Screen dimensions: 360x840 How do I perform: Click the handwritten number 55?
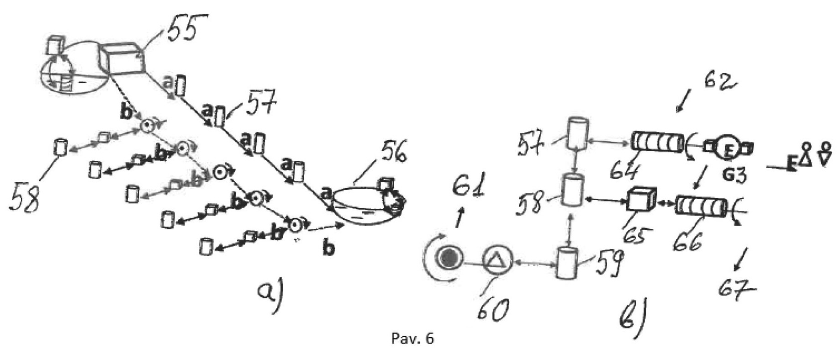[x=183, y=30]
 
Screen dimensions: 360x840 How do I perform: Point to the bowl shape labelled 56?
[x=361, y=206]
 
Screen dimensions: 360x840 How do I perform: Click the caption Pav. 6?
[x=412, y=339]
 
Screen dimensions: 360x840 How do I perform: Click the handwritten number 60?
[x=491, y=310]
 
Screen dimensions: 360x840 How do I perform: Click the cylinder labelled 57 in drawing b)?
[x=576, y=134]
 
